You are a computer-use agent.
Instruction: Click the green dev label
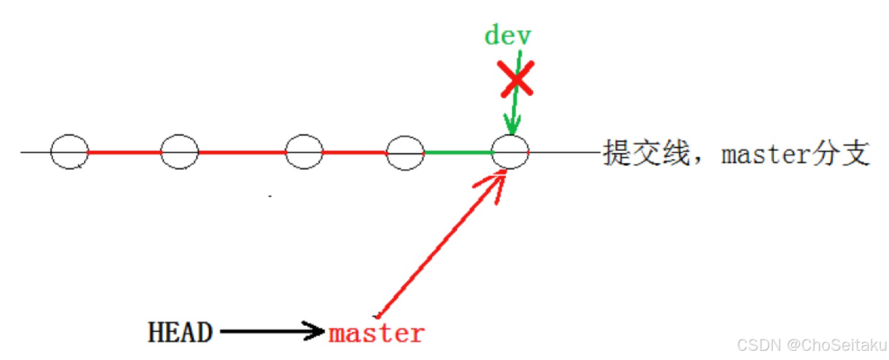pos(507,35)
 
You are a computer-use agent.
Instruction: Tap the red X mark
pos(516,79)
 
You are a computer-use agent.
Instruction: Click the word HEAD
pos(180,332)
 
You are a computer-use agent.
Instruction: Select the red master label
pos(376,333)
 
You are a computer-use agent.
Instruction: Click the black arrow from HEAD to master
pos(272,331)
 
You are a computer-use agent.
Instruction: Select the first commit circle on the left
pos(70,152)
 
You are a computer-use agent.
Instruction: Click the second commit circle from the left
pos(179,152)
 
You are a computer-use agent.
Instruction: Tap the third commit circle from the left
pos(304,152)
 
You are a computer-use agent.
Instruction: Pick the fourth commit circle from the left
pos(405,153)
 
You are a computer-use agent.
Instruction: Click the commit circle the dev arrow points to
pos(510,152)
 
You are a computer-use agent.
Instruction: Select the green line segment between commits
pos(458,153)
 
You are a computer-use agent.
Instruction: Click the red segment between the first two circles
pos(125,152)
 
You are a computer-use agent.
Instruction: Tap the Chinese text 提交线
pos(646,152)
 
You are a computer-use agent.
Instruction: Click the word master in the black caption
pos(766,154)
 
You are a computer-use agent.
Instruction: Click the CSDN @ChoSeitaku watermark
pos(811,345)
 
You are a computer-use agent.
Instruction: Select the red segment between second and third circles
pos(241,152)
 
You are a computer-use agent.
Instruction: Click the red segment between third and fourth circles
pos(355,152)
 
